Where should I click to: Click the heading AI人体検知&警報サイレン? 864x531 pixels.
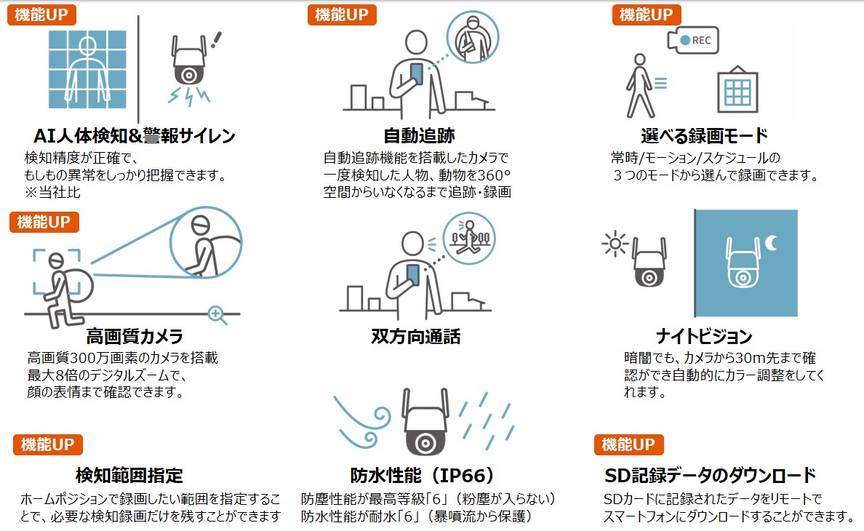click(x=135, y=135)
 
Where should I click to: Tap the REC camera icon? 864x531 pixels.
click(x=692, y=40)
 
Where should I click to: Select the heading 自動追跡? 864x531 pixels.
click(x=420, y=135)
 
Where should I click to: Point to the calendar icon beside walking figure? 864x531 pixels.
click(x=737, y=89)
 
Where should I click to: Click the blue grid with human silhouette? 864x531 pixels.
click(x=87, y=69)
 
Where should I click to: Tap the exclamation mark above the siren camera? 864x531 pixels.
click(x=217, y=39)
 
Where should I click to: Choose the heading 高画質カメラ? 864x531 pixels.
click(x=135, y=336)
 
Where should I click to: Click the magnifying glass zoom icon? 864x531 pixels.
click(x=217, y=315)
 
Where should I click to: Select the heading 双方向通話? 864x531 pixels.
click(x=416, y=336)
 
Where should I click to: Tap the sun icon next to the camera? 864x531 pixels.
click(x=615, y=244)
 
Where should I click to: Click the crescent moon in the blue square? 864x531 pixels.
click(x=772, y=242)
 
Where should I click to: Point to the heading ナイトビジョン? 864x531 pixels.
click(x=704, y=336)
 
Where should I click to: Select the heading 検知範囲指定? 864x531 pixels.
click(x=129, y=476)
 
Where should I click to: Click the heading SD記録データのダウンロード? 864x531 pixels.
click(x=711, y=476)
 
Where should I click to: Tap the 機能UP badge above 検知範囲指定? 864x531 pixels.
click(x=48, y=444)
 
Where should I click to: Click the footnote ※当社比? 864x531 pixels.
click(x=52, y=192)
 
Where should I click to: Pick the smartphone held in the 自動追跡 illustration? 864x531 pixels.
click(x=417, y=73)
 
